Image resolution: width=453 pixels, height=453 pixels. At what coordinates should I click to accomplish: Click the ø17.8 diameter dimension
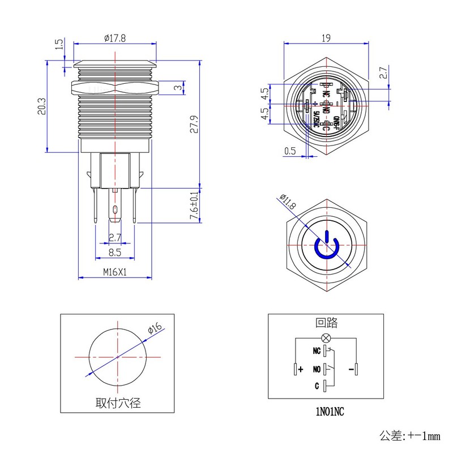tap(115, 38)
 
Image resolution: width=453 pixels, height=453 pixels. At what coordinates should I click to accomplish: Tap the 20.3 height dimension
tap(41, 106)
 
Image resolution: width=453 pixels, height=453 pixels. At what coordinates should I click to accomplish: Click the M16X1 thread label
tap(115, 272)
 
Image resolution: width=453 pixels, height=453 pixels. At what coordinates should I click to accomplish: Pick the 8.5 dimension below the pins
tap(115, 253)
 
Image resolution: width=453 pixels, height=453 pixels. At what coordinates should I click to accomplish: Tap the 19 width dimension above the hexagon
tap(326, 38)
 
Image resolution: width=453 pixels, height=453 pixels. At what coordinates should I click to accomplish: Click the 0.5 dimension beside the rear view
tap(290, 151)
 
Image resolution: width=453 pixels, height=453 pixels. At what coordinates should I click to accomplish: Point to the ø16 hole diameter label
tap(155, 330)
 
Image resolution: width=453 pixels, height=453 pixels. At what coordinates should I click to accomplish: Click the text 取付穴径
tap(118, 404)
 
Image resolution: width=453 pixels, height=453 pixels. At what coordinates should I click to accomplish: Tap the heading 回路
tap(326, 323)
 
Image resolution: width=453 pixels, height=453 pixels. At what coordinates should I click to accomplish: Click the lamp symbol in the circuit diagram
tap(326, 339)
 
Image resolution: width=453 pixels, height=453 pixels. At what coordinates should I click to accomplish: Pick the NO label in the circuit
tap(317, 369)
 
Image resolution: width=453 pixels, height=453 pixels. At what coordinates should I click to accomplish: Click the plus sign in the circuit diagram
tap(301, 369)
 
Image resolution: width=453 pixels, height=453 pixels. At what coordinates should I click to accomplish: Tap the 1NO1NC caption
tap(326, 412)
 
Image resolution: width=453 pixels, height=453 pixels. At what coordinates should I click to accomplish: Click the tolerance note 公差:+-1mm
tap(409, 435)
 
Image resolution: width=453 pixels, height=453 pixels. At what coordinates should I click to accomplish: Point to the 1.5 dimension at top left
tap(58, 45)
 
